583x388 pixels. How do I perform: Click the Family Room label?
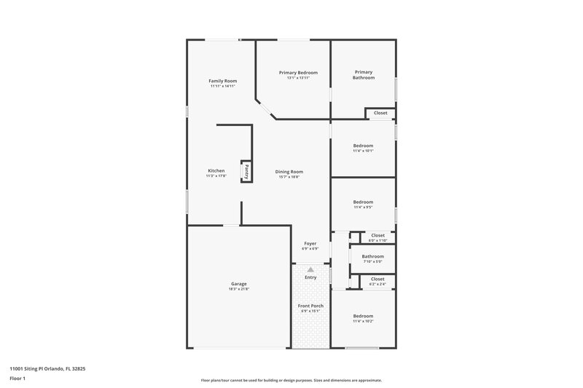pos(222,81)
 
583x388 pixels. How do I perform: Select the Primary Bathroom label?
pos(364,74)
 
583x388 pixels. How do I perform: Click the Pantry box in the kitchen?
pos(246,172)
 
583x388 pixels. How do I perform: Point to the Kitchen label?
pos(216,170)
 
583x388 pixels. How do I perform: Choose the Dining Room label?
pos(289,171)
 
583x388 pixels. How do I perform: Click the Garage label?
pos(238,283)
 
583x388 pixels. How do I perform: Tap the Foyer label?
pos(310,243)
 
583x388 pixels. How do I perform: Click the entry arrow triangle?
pos(310,269)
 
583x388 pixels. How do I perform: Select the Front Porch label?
pos(310,306)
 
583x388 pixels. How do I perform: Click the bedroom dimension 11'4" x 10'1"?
pos(363,151)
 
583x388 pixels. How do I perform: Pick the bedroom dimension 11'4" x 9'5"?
pos(363,207)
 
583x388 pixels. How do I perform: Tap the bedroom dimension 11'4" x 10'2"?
pos(363,321)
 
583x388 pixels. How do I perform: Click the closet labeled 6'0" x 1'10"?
pos(377,241)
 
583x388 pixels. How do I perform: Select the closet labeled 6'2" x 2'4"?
pos(377,285)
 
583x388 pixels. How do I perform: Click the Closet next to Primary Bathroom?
pos(380,113)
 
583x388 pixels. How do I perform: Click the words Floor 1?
pos(17,379)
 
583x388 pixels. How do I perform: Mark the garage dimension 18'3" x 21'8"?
pos(238,289)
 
